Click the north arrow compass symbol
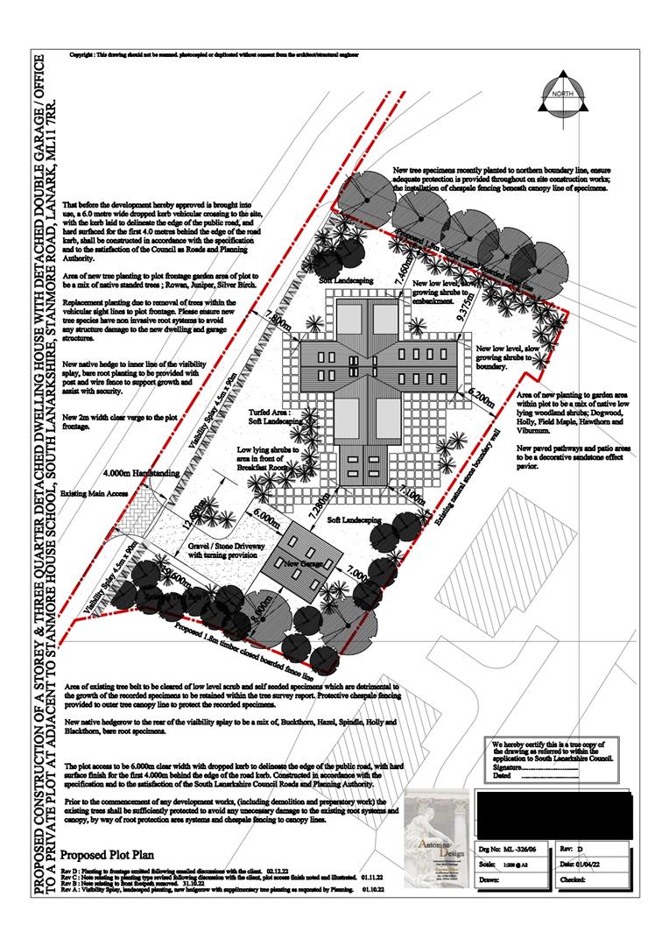(x=561, y=99)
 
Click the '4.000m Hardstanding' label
(x=141, y=473)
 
